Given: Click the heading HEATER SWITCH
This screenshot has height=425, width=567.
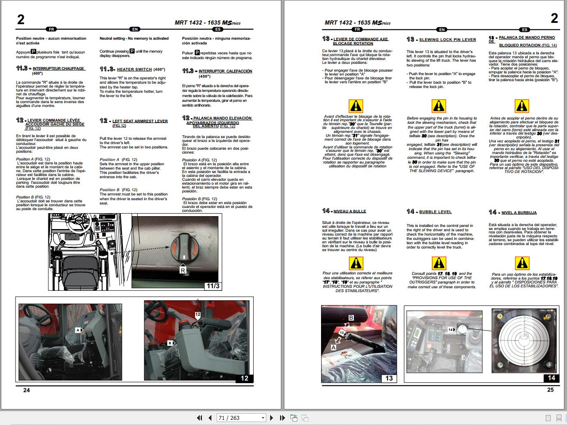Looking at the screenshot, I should pos(134,69).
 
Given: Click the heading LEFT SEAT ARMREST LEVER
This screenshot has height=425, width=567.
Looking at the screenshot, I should pos(140,121).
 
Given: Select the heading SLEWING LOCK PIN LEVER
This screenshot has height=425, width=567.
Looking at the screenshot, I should pos(447,40).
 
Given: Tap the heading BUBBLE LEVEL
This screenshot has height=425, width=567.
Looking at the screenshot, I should pos(435,212).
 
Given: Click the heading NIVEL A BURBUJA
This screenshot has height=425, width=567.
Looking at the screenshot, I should pos(519,213).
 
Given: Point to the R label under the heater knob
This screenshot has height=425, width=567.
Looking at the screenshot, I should pos(183,271).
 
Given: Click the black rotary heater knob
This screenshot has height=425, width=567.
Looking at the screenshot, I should pos(184,248).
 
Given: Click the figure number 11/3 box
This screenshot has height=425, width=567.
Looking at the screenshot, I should pos(213,285).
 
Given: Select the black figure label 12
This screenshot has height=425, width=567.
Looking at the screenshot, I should pos(244,378).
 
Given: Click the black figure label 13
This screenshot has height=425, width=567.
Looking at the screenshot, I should pos(388,378).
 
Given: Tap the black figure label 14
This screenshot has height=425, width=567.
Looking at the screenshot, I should pos(551,378).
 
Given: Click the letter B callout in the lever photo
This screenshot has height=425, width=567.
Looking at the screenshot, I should pos(351,318).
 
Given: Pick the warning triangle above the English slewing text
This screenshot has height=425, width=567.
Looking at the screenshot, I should pos(438,106).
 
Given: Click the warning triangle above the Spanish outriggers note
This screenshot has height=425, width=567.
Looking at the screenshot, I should pos(522,262).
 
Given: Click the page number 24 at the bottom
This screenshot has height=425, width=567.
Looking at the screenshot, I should pos(26,390).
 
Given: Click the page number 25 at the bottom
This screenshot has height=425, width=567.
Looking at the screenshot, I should pos(550,390).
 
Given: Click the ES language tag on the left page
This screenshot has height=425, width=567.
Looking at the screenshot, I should pos(218,29).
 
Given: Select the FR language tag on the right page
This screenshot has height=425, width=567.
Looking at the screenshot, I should pos(357,30).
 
